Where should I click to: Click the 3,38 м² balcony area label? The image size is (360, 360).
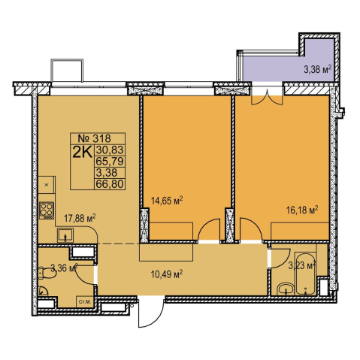[318, 69]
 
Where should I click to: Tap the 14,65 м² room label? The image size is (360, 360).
[167, 201]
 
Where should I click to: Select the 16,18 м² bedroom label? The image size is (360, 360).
[302, 210]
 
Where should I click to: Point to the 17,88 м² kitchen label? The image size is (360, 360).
[80, 218]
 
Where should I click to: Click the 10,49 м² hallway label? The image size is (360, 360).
[166, 274]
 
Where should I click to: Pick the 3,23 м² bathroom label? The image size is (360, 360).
[301, 265]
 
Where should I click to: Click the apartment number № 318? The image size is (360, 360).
[95, 138]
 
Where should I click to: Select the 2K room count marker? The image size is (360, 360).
[82, 152]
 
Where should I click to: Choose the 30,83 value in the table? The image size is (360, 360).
[110, 150]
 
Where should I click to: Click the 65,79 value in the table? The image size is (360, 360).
[110, 161]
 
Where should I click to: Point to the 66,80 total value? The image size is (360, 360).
[110, 184]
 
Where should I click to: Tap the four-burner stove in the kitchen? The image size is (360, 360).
[47, 210]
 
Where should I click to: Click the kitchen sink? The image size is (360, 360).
[65, 235]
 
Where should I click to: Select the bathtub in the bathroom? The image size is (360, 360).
[305, 274]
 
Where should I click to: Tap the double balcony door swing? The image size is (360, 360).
[267, 99]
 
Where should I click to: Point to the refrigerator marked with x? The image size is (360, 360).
[47, 185]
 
